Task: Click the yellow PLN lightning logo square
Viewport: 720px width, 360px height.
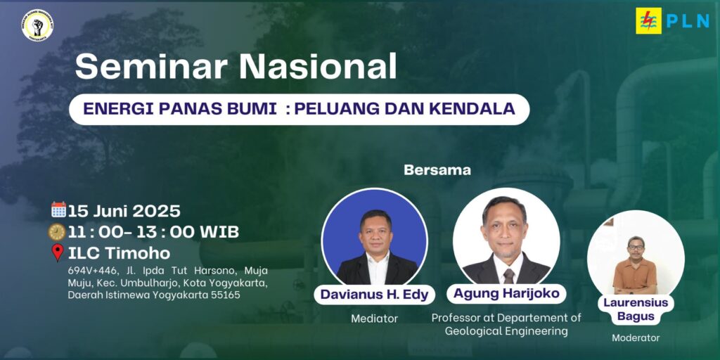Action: pos(648,20)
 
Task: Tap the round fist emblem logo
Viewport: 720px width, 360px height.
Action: pos(37,26)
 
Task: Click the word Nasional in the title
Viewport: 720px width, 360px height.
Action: pos(318,67)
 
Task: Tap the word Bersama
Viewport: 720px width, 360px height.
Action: pos(437,170)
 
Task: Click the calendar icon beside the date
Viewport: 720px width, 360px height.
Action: pos(58,210)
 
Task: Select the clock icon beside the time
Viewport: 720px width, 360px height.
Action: pos(57,231)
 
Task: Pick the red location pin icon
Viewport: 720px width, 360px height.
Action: pos(58,252)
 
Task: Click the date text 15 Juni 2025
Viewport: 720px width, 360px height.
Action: pos(124,211)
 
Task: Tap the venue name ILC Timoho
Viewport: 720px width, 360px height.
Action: pos(119,253)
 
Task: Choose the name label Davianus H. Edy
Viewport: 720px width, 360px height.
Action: pos(374,295)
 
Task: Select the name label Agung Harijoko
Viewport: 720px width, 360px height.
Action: pos(506,293)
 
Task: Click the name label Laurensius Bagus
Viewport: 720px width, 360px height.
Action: pos(636,309)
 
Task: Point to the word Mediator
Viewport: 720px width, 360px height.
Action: pos(374,319)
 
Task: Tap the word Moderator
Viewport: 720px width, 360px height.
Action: pos(636,338)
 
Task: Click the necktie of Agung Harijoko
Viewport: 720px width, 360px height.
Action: pos(509,276)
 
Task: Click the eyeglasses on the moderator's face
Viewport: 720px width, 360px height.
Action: pos(636,247)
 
